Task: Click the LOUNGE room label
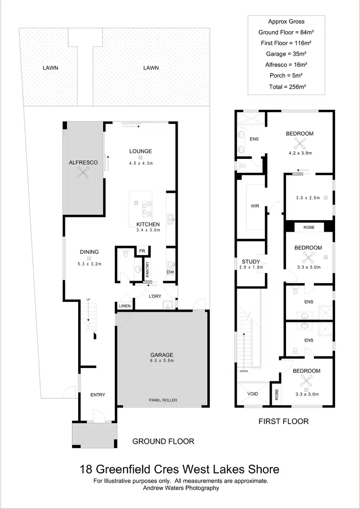tap(140, 151)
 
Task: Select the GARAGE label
tap(161, 355)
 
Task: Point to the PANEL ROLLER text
tap(161, 399)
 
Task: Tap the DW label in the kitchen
tap(170, 272)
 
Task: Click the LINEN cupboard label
tap(124, 307)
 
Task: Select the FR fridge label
tap(142, 251)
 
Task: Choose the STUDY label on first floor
tap(251, 261)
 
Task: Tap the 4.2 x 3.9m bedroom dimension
tap(300, 153)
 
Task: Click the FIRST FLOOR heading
tap(283, 421)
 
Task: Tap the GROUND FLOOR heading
tap(163, 441)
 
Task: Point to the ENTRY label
tap(97, 395)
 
